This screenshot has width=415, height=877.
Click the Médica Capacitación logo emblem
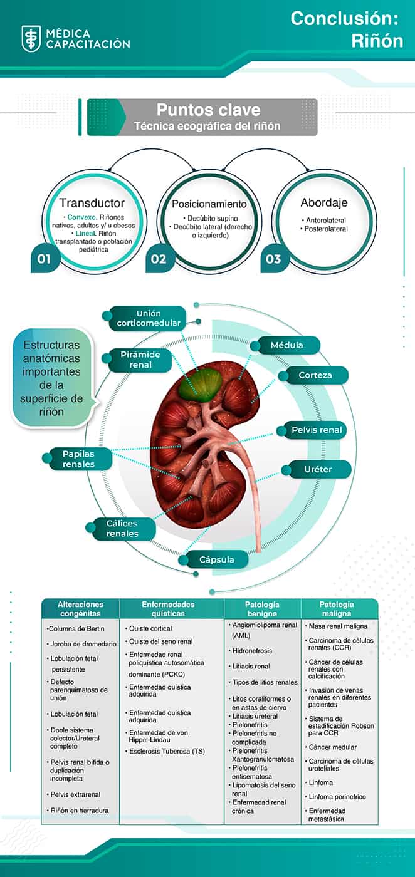(x=31, y=38)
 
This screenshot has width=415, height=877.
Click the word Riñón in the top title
(x=377, y=41)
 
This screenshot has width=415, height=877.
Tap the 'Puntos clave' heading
(x=208, y=110)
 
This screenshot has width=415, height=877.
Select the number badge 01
(x=45, y=259)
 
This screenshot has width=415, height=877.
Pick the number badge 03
(x=274, y=259)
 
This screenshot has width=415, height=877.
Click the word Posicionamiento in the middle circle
(x=209, y=205)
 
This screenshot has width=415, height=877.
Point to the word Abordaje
(x=323, y=203)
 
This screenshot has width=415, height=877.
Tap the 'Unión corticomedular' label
(x=148, y=318)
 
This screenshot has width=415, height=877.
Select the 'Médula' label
(x=286, y=345)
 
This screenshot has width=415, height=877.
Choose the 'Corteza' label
(x=315, y=375)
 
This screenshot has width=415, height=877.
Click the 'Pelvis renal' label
(x=317, y=430)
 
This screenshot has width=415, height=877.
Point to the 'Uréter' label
(x=317, y=469)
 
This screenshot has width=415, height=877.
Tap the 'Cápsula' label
(x=216, y=559)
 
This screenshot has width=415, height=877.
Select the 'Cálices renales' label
(x=122, y=529)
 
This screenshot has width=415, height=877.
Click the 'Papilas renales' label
(x=78, y=459)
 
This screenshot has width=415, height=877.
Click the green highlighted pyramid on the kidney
(x=199, y=383)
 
